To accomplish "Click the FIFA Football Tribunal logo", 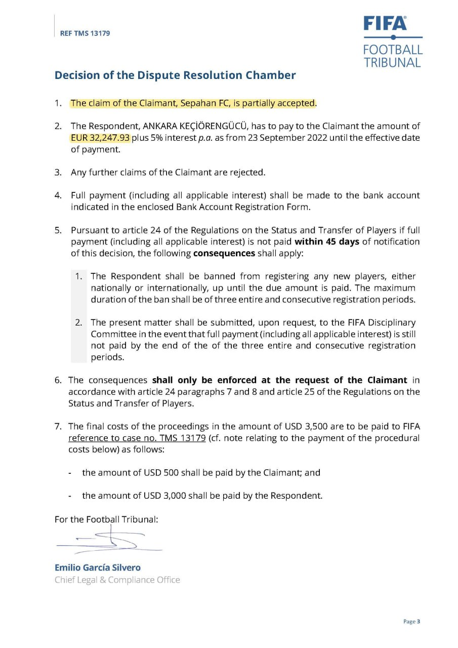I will pyautogui.click(x=392, y=42).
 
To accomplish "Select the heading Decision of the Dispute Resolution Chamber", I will pyautogui.click(x=175, y=75).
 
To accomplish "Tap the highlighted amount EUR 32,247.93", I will pyautogui.click(x=100, y=138).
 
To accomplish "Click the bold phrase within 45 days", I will pyautogui.click(x=326, y=241).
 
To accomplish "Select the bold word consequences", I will pyautogui.click(x=224, y=253).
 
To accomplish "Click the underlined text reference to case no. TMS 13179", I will pyautogui.click(x=137, y=438).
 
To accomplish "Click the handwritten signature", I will pyautogui.click(x=109, y=541).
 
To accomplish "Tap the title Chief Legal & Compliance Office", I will pyautogui.click(x=117, y=580).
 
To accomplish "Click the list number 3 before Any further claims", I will pyautogui.click(x=58, y=173).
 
